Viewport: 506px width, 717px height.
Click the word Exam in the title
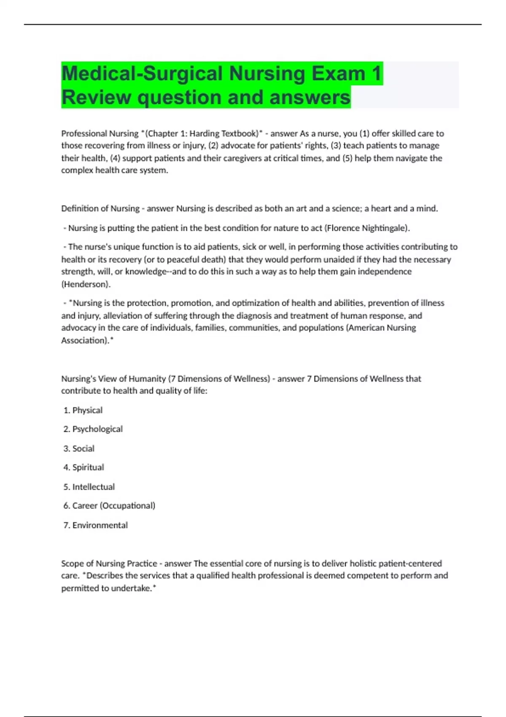click(339, 73)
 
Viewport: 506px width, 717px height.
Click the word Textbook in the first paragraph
click(238, 134)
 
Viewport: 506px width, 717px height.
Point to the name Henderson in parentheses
click(86, 284)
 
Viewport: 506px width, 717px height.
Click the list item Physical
click(87, 410)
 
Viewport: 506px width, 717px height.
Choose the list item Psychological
click(97, 429)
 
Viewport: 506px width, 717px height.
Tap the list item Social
click(83, 448)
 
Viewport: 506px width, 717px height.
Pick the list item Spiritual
click(88, 467)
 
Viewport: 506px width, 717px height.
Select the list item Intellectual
click(93, 487)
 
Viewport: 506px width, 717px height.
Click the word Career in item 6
click(85, 506)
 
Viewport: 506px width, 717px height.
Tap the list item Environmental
click(100, 525)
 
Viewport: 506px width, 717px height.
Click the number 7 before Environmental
click(66, 525)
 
